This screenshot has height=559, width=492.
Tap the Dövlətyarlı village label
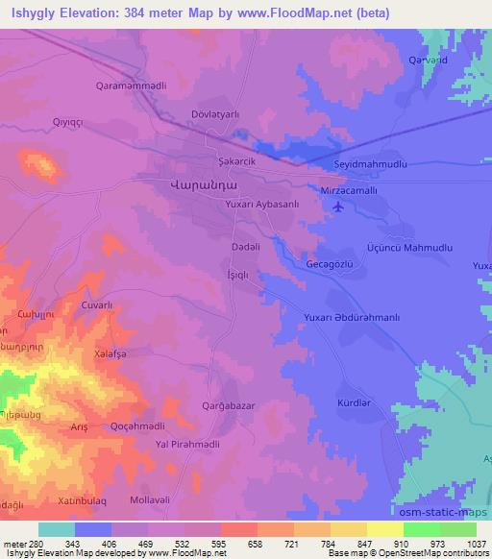[x=220, y=114]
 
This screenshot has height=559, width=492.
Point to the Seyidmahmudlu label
[x=370, y=164]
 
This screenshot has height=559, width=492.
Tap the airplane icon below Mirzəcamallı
[x=335, y=208]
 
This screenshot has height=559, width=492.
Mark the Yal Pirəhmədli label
[x=194, y=444]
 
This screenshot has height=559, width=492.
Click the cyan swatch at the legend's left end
[x=57, y=529]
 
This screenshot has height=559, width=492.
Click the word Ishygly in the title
[x=33, y=12]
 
